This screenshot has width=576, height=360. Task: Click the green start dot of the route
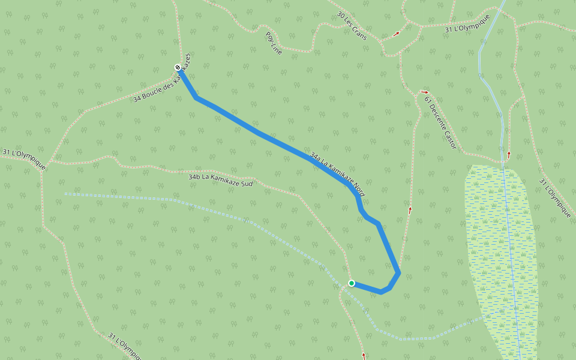[352, 283]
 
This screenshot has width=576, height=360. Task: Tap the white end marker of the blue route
[178, 67]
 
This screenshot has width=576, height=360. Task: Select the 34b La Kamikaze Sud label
[220, 180]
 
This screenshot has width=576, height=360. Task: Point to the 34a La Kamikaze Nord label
[337, 178]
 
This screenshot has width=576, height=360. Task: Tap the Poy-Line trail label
[273, 43]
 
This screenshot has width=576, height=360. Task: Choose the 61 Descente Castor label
[440, 122]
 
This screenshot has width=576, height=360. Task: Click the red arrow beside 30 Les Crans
[396, 34]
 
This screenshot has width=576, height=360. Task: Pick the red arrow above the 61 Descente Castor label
[425, 92]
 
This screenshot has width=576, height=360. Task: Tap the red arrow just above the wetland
[509, 154]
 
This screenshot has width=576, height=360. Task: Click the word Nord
[355, 191]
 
